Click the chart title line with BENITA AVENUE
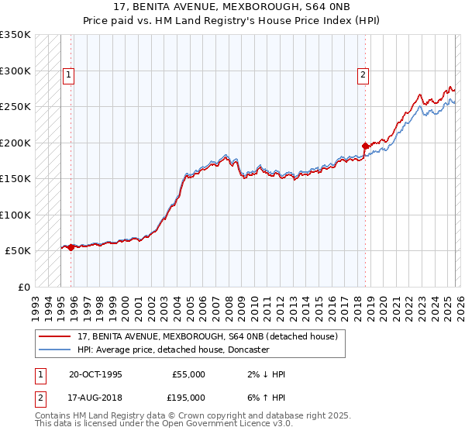232,7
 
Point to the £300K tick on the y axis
15,71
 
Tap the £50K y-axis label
18,251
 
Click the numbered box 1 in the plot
68,75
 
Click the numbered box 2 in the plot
362,75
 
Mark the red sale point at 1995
71,247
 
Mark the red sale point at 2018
365,146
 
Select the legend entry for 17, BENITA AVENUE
207,337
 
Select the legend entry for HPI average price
173,350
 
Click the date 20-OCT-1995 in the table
95,374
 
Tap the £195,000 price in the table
188,397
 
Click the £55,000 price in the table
188,374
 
